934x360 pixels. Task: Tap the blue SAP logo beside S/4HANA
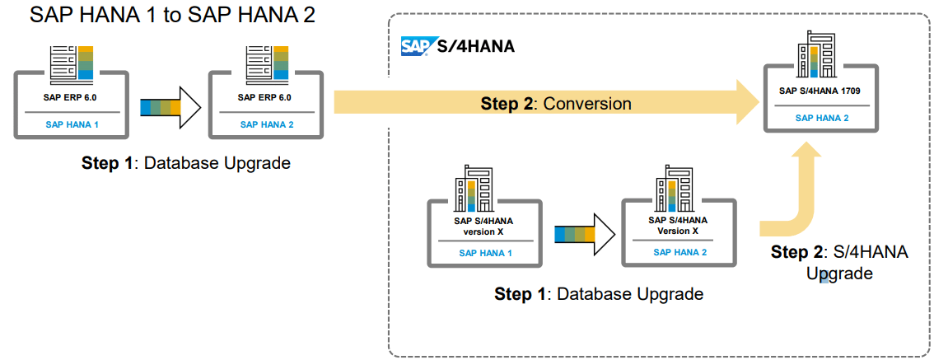[x=414, y=46]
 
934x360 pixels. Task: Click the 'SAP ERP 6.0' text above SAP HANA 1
[x=70, y=97]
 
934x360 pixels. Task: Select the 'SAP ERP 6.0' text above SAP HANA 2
[x=264, y=97]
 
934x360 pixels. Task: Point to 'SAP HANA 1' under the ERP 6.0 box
[x=70, y=124]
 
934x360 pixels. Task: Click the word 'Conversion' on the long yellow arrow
[x=587, y=104]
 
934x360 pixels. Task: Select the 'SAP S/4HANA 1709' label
[x=820, y=91]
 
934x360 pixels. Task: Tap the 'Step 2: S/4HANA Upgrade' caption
[x=838, y=263]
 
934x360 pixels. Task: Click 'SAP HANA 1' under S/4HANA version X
[x=485, y=253]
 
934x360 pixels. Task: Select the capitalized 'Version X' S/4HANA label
[x=678, y=226]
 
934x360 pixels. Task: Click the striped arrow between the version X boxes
[x=584, y=235]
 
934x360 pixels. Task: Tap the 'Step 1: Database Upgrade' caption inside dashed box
[x=598, y=294]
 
